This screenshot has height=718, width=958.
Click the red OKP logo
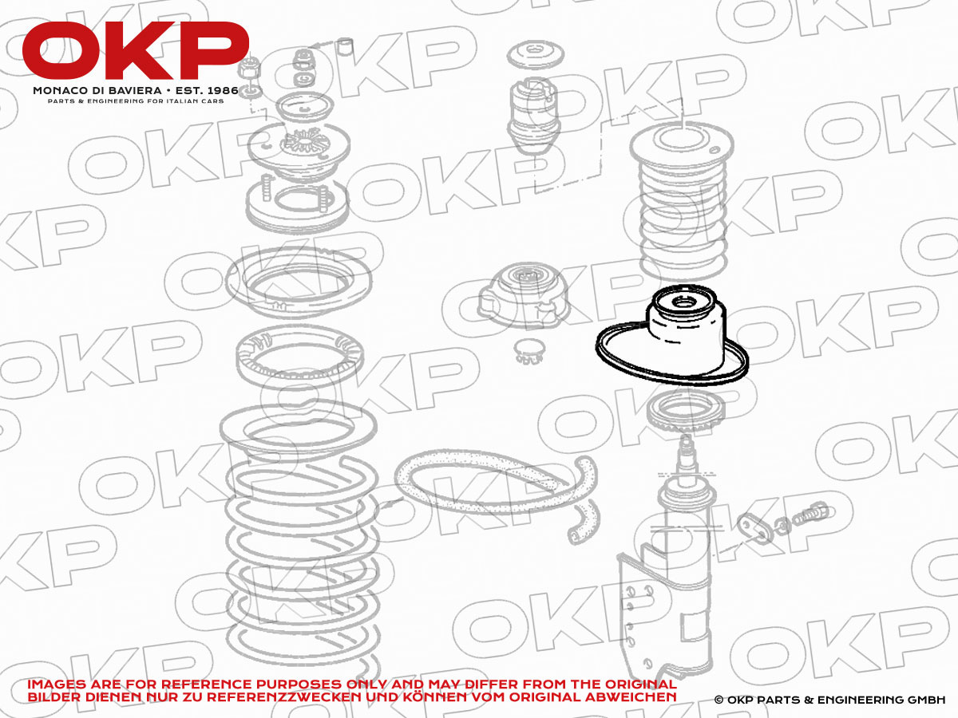(135, 50)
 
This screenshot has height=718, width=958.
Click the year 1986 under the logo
(223, 91)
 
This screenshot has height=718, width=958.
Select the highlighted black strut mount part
(672, 335)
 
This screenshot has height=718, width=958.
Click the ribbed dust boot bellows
(682, 201)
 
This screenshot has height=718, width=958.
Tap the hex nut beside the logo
(250, 68)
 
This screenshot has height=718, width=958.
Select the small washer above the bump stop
(536, 55)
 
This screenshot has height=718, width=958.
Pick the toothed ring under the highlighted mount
(685, 412)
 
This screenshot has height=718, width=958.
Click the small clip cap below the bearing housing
(530, 351)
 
